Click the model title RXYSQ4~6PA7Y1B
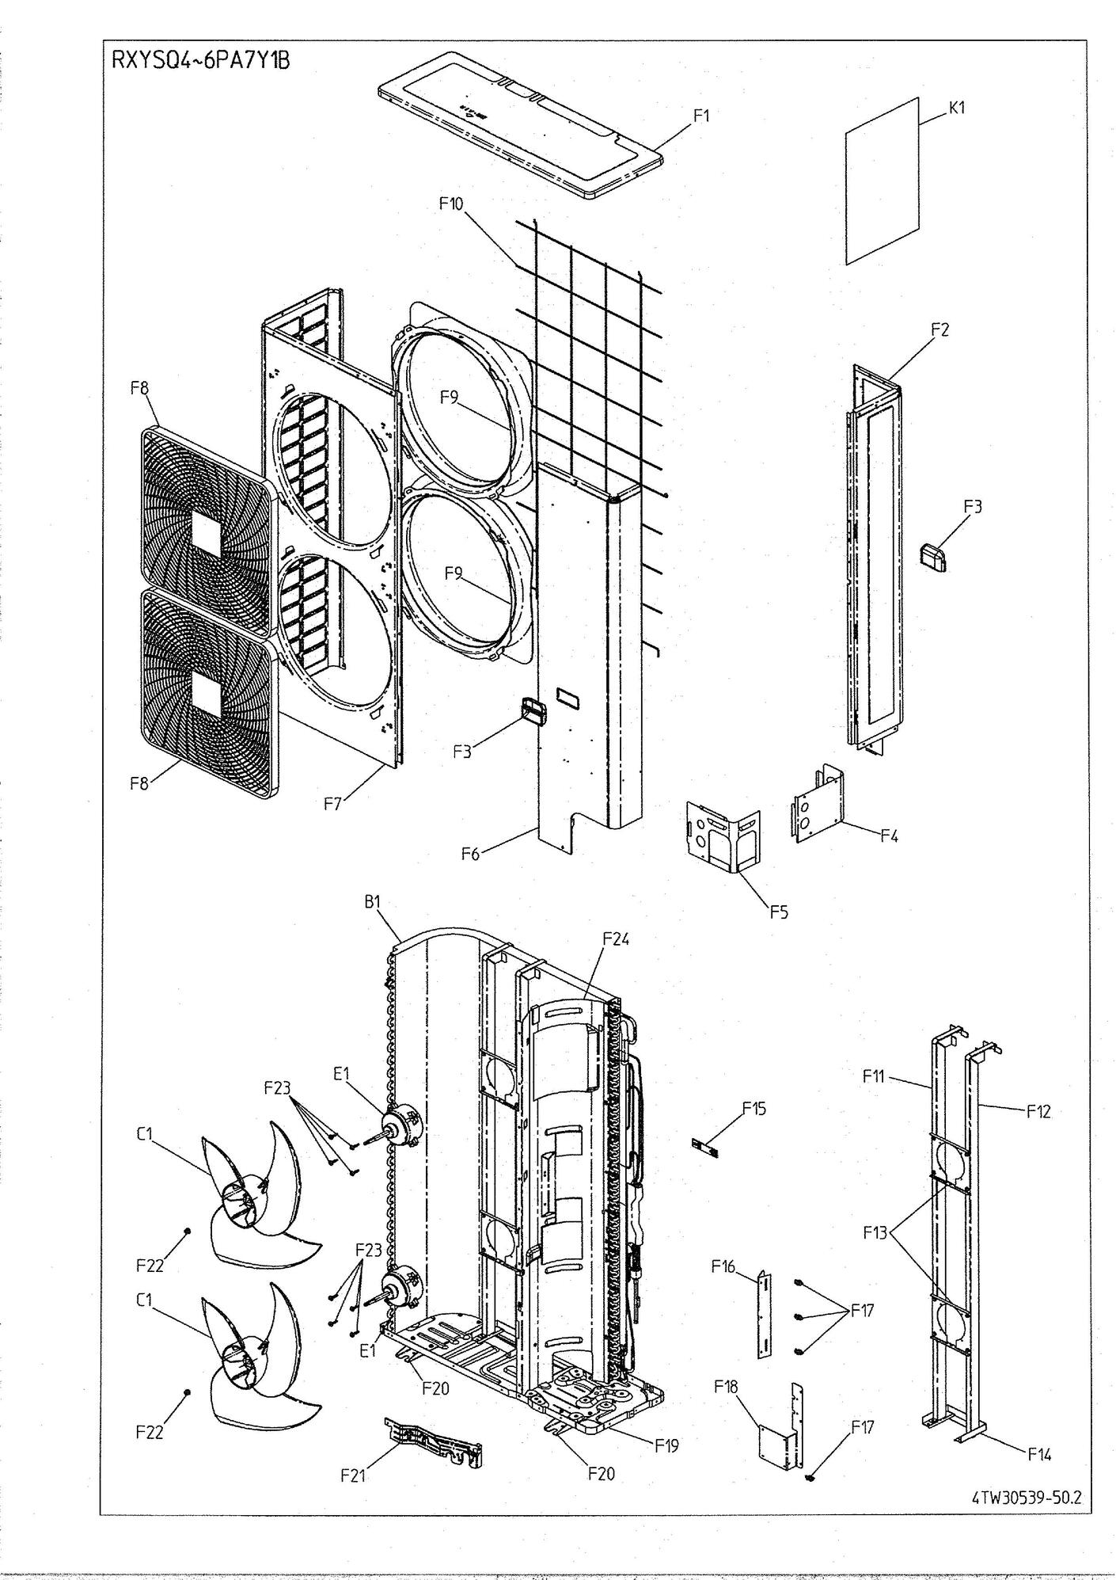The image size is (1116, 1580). [x=200, y=61]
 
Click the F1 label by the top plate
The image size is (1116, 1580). [x=701, y=116]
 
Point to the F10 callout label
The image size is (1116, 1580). [x=451, y=204]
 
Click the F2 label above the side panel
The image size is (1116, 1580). [x=939, y=329]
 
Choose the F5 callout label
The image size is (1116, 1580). [x=779, y=912]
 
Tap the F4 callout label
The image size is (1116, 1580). [x=890, y=835]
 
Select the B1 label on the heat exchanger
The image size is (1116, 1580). [x=373, y=901]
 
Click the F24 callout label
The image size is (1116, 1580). [x=616, y=938]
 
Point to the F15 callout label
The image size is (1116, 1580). [x=753, y=1108]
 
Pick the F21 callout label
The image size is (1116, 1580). [x=353, y=1475]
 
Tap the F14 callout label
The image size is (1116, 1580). [x=1039, y=1454]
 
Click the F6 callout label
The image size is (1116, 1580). [x=471, y=854]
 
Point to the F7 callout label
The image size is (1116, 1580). [x=335, y=804]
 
